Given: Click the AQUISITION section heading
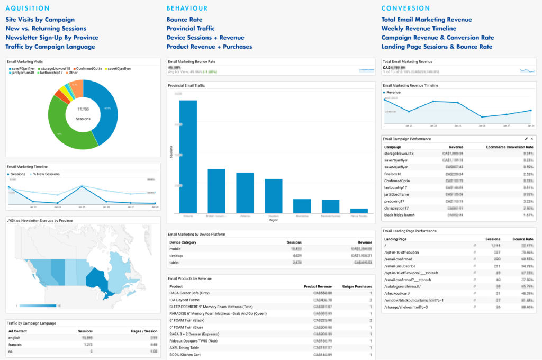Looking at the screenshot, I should point(28,8).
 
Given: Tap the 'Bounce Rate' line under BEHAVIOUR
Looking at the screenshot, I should point(184,20).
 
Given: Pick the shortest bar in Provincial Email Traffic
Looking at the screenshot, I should point(359,210).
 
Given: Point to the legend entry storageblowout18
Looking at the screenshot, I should point(55,69).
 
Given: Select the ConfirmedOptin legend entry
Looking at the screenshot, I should point(89,69).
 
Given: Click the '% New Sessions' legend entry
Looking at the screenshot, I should point(46,174).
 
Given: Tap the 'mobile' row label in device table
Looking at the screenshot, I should point(175,248).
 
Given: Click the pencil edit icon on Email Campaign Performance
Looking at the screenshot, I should point(526,139).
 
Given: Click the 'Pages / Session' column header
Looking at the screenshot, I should point(143,331).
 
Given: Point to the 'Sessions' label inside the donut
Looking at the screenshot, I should point(83,119).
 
